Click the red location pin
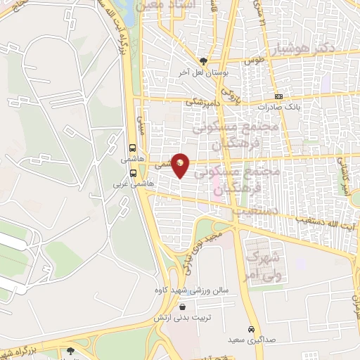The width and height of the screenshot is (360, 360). click(x=181, y=165)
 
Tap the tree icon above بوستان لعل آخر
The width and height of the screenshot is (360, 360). click(x=204, y=61)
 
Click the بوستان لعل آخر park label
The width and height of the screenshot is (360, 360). click(x=203, y=72)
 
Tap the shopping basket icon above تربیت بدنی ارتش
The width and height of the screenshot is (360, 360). click(x=183, y=307)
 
